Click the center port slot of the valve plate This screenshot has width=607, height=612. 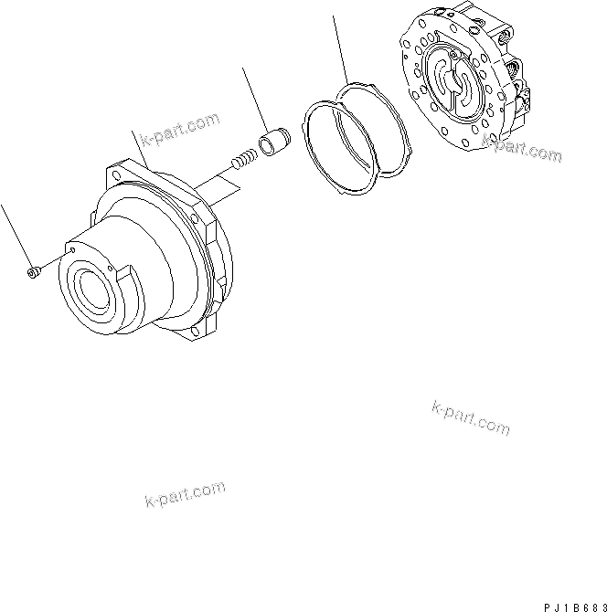(x=453, y=82)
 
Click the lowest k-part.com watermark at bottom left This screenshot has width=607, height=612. (x=185, y=493)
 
